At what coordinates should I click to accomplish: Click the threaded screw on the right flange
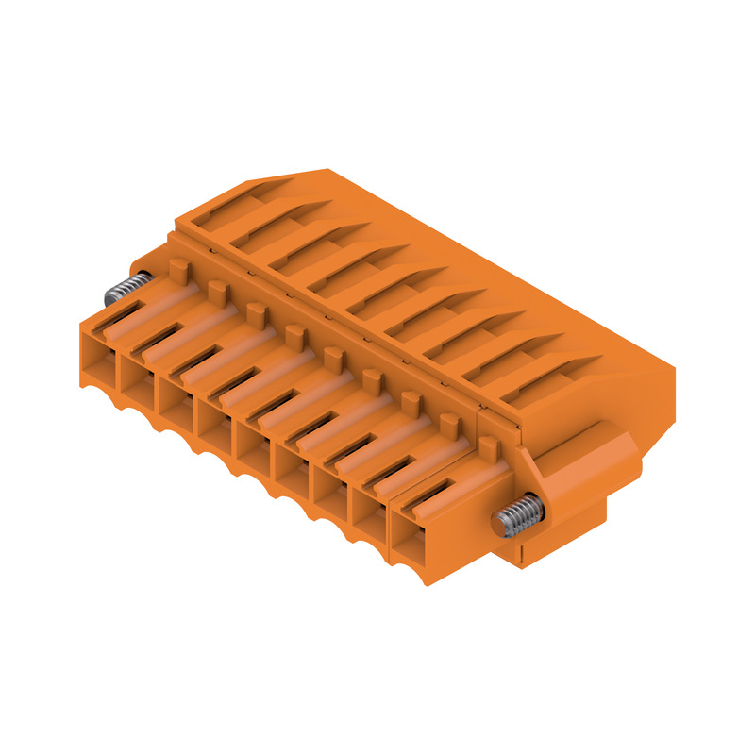click(513, 517)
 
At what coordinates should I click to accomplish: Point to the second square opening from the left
click(138, 372)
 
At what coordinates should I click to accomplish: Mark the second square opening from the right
click(372, 514)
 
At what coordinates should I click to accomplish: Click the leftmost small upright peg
click(177, 270)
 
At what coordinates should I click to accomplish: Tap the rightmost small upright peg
click(488, 445)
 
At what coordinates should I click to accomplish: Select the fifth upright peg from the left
click(332, 357)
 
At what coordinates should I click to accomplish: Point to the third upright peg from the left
click(255, 313)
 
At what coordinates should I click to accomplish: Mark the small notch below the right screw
click(522, 549)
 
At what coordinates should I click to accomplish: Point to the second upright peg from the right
click(449, 424)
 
